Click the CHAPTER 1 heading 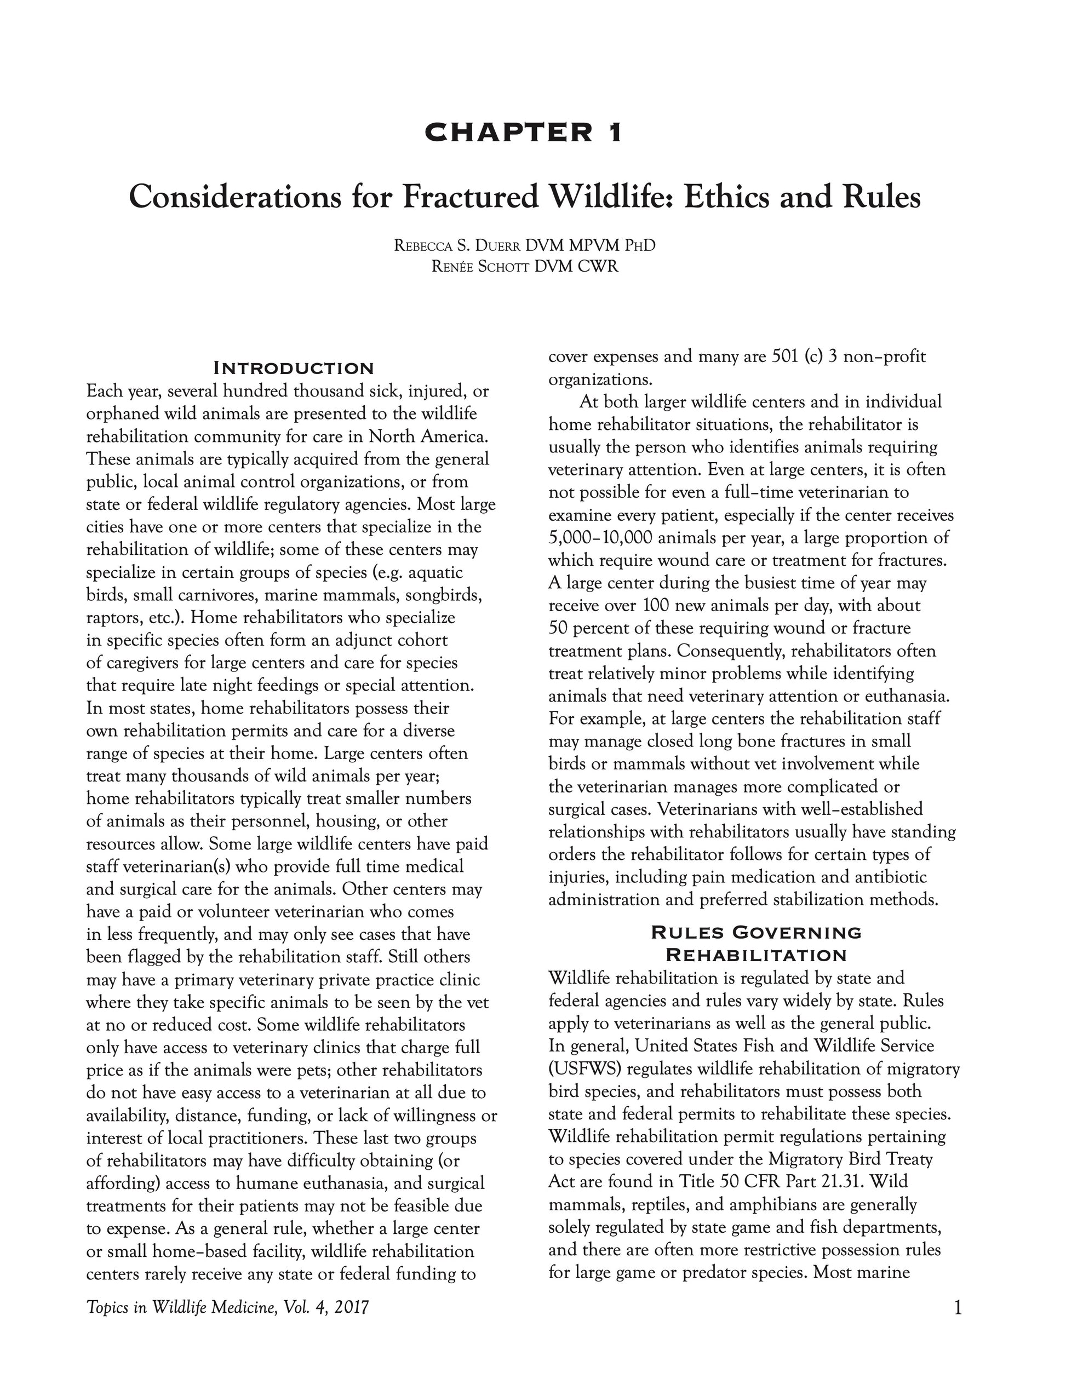pyautogui.click(x=524, y=132)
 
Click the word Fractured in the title pyautogui.click(x=471, y=197)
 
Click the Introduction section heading pyautogui.click(x=294, y=368)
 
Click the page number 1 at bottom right pyautogui.click(x=958, y=1308)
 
